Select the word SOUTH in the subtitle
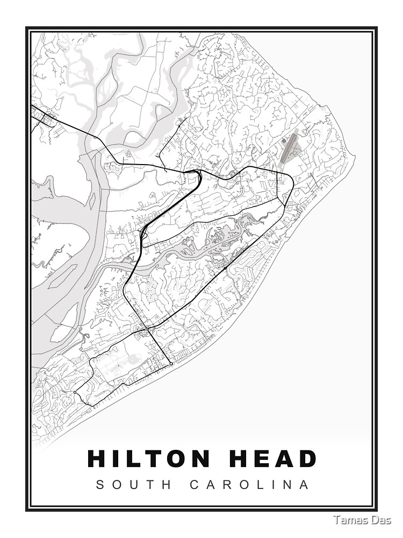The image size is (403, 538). (x=134, y=485)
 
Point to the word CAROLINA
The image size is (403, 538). (x=250, y=485)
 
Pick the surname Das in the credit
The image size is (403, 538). (x=382, y=520)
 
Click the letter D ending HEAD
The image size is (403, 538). (x=307, y=459)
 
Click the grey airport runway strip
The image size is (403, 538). (x=290, y=148)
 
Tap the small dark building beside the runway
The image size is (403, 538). (x=284, y=141)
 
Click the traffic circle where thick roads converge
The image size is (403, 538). (x=147, y=328)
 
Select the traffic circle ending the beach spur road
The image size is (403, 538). (x=171, y=364)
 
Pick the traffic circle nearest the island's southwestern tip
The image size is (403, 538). (x=74, y=393)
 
